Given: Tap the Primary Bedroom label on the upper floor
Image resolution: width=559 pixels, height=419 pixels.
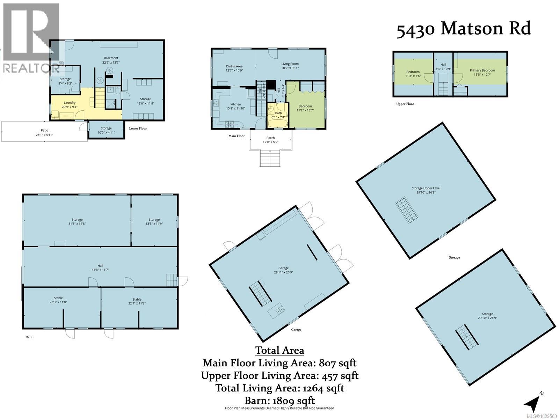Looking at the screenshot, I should (x=482, y=70).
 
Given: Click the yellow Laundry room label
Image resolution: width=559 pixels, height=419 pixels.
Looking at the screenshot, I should (x=70, y=103).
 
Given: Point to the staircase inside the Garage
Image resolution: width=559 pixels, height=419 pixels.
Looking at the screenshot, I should (x=260, y=293).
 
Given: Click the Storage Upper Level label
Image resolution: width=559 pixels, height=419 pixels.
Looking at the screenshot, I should (x=426, y=188).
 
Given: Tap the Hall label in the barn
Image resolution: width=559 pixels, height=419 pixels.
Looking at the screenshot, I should (x=100, y=266).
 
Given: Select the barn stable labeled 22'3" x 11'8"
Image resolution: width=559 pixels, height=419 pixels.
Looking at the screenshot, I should (x=58, y=300).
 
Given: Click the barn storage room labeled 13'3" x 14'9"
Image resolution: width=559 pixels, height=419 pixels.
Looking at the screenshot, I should (x=154, y=221).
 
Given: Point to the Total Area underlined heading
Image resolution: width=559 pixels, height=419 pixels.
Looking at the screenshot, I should (x=279, y=350).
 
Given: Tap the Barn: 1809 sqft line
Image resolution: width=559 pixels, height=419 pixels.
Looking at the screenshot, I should (x=279, y=400).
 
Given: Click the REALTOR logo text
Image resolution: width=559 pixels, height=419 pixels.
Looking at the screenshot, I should (x=31, y=68).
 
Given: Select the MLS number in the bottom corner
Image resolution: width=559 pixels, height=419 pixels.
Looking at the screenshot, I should (x=541, y=416).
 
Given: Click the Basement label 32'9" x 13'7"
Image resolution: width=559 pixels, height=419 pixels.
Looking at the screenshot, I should (x=111, y=60).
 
